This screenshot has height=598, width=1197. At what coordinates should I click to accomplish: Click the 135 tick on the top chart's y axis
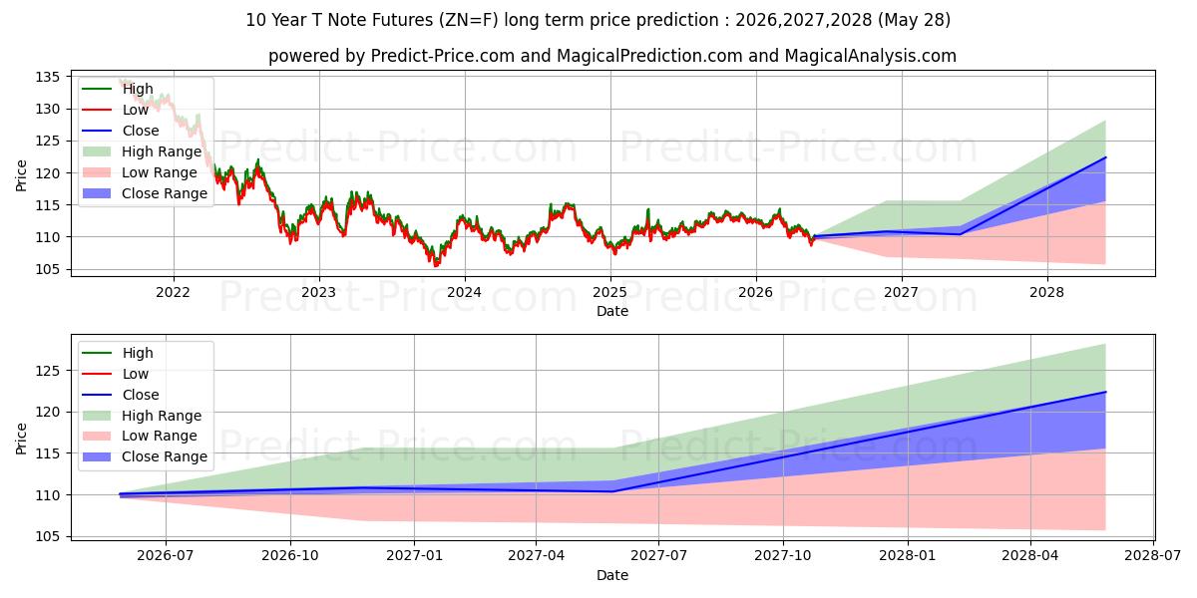pos(47,78)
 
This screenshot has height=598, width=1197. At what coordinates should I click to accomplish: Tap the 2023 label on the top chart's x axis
pos(318,293)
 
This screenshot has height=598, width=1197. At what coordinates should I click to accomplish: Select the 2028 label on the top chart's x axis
pos(1046,293)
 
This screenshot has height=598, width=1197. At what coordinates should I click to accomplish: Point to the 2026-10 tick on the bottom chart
pos(290,556)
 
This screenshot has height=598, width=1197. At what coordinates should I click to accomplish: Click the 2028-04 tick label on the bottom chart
pos(1030,556)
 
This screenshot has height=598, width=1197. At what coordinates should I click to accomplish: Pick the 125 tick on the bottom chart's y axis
pos(47,371)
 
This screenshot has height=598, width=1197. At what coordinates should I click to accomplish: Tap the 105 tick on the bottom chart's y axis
pos(47,536)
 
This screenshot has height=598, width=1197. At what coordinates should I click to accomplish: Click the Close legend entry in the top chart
pos(141,131)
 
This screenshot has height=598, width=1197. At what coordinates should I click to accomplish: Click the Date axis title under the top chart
pos(612,311)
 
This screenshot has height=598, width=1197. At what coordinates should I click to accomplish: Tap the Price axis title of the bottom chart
pos(21,439)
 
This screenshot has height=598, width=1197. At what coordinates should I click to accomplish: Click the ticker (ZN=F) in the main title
pos(468,20)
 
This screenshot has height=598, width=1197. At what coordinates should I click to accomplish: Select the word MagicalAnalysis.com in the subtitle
pos(871,56)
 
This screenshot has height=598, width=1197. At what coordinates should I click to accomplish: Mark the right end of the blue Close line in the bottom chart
pos(1105,392)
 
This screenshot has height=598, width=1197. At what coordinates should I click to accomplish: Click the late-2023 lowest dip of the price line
pos(435,265)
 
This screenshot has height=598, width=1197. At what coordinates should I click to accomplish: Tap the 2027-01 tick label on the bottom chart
pos(414,556)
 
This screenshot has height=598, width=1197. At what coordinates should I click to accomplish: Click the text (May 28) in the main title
pos(914,20)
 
